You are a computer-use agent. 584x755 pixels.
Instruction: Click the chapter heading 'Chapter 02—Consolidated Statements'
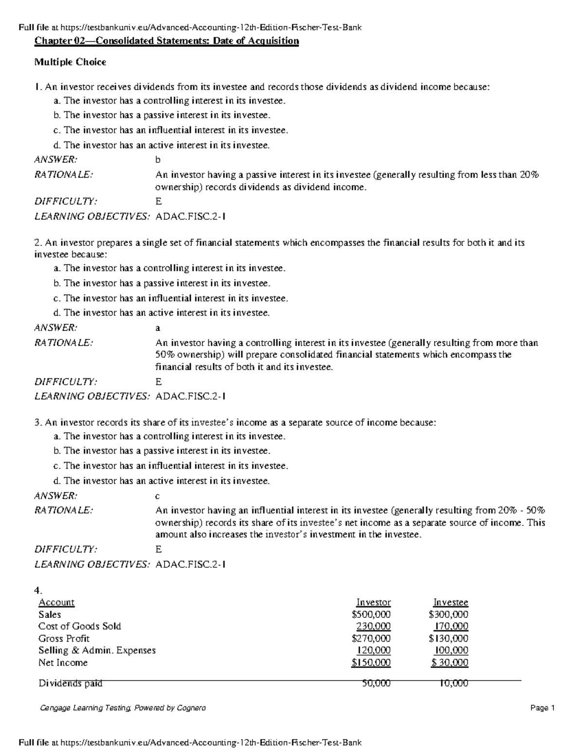coord(166,41)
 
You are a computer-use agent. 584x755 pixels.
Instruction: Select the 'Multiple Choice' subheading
coord(70,62)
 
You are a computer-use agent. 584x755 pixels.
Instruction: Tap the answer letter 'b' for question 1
coord(158,160)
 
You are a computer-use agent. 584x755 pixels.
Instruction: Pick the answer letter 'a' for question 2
coord(158,328)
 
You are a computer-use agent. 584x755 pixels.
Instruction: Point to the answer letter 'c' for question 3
coord(158,496)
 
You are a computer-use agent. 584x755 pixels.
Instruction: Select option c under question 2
coord(171,298)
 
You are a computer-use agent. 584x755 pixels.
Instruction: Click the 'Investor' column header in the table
coord(373,602)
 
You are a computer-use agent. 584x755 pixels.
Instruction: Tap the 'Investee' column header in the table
coord(451,602)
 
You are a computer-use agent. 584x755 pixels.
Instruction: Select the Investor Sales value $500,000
coord(372,615)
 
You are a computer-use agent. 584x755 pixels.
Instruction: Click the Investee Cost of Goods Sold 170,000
coord(451,626)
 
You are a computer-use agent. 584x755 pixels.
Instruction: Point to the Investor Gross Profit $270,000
coord(372,638)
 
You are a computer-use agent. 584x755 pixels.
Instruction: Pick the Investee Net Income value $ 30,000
coord(450,663)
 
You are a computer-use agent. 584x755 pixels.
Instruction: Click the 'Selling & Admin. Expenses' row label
coord(97,650)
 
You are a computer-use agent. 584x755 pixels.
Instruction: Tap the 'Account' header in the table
coord(56,602)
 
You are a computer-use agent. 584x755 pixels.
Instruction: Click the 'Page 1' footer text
coord(542,708)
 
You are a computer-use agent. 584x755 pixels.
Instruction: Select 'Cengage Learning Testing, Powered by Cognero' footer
coord(122,708)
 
